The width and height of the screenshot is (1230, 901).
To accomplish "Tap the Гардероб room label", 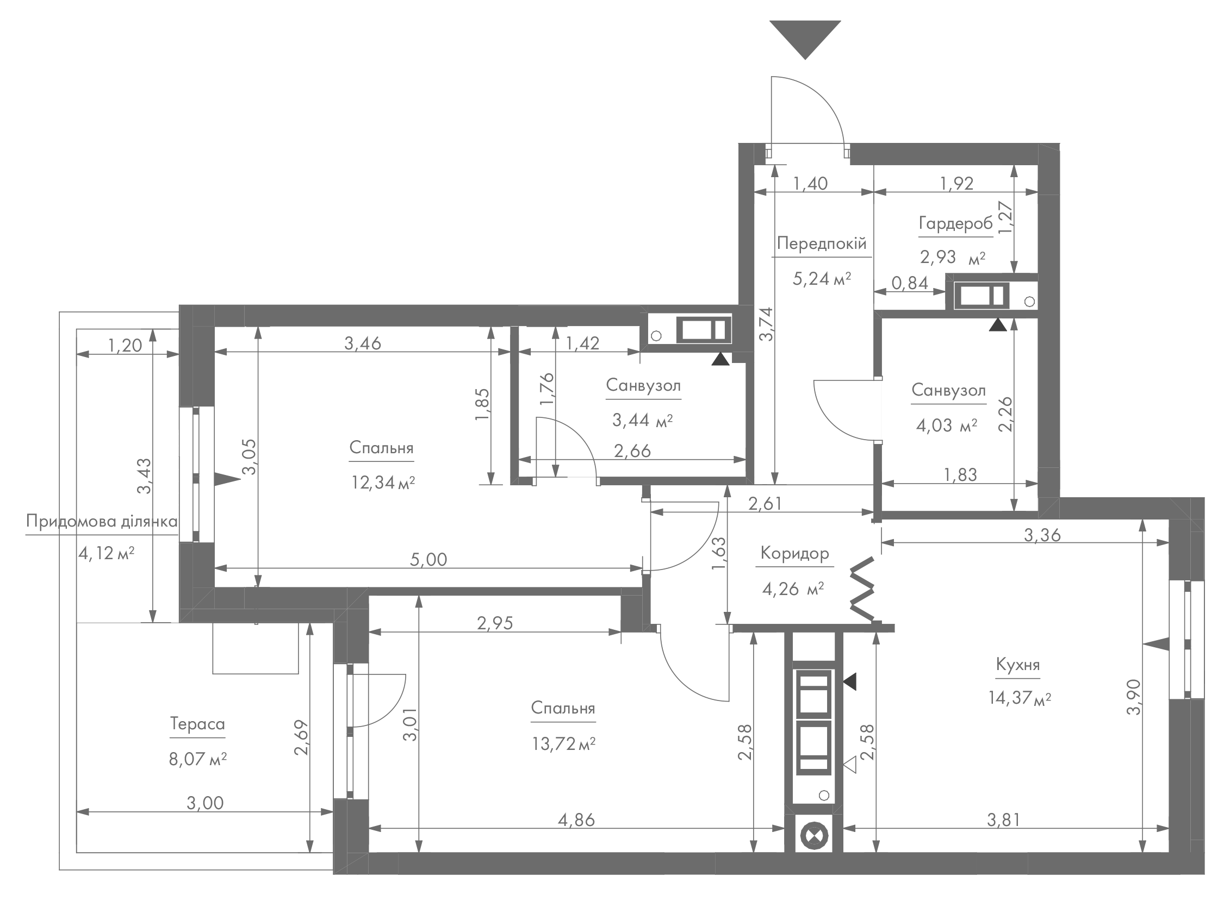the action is pos(955,223).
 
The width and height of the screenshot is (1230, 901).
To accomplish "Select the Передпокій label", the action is pos(821,243).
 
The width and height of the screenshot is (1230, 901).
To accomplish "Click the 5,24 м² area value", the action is pos(821,279).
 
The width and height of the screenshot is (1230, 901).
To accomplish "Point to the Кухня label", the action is pos(1018,665).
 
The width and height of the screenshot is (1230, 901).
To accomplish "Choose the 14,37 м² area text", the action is pos(1020,698).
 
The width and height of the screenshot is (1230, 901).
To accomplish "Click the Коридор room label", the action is pos(794,553).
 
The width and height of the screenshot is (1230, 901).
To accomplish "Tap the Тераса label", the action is pos(197,724).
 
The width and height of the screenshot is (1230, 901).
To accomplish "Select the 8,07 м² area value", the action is pos(197,759).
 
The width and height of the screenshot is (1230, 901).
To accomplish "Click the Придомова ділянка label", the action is pos(102,521).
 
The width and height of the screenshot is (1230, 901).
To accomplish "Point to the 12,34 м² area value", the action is pos(383,482).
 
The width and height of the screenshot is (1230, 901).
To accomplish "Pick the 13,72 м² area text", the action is pos(563,743).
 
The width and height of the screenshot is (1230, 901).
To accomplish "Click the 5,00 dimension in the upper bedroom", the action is pos(429,559).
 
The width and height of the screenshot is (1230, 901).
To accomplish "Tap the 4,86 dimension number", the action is pos(576,819).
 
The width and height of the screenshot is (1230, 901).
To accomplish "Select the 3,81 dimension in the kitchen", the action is pos(1004,819).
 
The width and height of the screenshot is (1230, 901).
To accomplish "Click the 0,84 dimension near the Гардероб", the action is pos(910,283).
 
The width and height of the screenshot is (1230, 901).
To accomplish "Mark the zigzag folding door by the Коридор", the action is pos(863,589).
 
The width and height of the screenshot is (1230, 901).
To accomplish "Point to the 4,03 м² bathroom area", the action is pos(946,425).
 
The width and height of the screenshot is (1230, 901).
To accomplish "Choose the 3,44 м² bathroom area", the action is pos(642,420).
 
